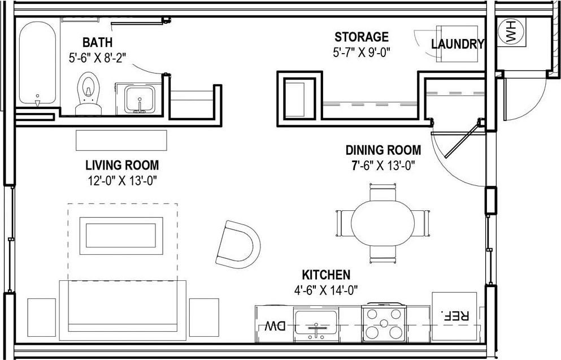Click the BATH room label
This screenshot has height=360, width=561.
pos(97,42)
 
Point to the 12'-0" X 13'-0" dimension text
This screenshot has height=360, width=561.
pos(121,180)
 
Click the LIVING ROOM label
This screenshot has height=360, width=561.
pos(121,166)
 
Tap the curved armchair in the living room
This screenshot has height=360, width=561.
pos(238,244)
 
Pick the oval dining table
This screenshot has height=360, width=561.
pos(382,223)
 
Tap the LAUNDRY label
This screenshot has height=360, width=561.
pos(458,44)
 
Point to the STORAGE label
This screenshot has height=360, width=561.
pos(362,37)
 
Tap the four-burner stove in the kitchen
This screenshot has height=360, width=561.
pos(384,324)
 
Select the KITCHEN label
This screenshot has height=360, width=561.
pos(326,275)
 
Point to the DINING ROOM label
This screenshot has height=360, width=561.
pos(383,150)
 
